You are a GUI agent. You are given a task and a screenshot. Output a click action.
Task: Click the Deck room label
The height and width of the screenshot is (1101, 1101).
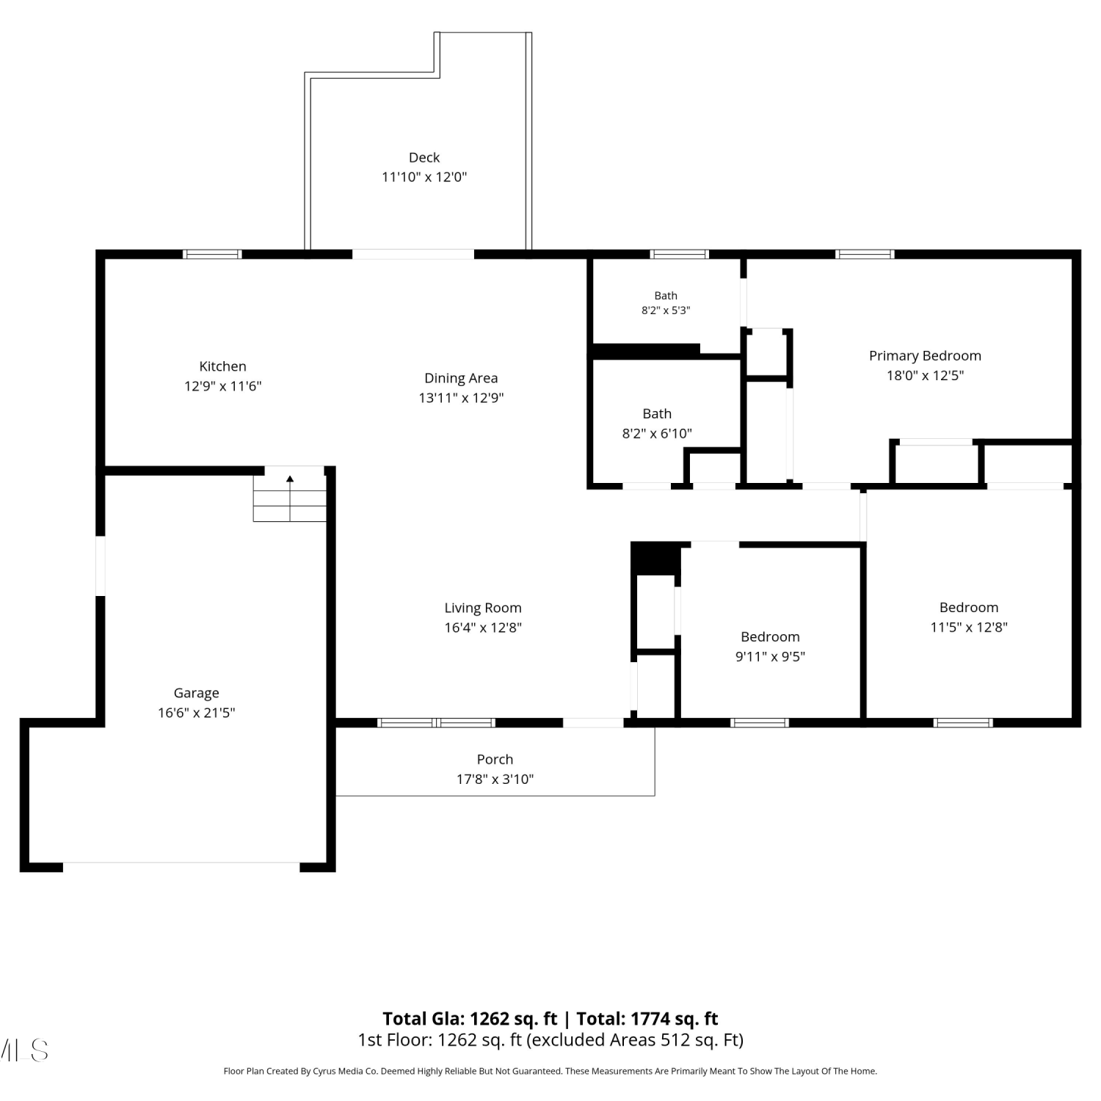(x=424, y=157)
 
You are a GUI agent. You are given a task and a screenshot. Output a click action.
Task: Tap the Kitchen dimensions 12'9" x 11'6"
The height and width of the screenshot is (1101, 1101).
(x=222, y=386)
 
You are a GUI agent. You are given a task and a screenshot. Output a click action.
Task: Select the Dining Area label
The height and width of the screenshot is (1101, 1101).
(x=461, y=379)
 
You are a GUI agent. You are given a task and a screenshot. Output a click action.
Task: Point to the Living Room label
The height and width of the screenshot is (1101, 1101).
(x=483, y=608)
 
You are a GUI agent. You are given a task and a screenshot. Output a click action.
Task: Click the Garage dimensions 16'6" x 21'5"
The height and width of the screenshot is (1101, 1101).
(x=196, y=713)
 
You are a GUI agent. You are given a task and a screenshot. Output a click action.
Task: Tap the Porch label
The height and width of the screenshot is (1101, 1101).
(x=495, y=760)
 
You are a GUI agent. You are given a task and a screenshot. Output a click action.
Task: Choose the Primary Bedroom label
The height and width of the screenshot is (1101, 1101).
(x=925, y=356)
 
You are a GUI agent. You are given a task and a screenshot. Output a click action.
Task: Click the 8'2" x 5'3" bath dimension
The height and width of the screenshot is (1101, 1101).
(x=666, y=310)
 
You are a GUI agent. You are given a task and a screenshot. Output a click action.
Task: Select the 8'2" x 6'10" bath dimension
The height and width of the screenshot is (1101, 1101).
(x=657, y=434)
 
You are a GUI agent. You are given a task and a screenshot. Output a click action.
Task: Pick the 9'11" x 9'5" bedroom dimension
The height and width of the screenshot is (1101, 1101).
(x=770, y=657)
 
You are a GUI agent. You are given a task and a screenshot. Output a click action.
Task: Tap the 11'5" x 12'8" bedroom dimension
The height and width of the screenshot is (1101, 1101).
(x=969, y=628)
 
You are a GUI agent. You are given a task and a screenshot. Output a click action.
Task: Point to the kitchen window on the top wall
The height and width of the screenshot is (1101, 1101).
(x=212, y=255)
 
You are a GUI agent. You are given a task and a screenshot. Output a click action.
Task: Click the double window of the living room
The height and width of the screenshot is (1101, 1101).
(x=437, y=723)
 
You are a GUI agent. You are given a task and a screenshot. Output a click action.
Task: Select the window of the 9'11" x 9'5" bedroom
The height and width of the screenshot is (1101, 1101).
(x=760, y=723)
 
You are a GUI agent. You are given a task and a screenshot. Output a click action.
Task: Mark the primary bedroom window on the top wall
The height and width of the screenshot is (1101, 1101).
(x=865, y=255)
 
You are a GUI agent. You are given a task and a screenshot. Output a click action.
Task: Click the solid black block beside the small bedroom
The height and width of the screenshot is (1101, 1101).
(x=655, y=559)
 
